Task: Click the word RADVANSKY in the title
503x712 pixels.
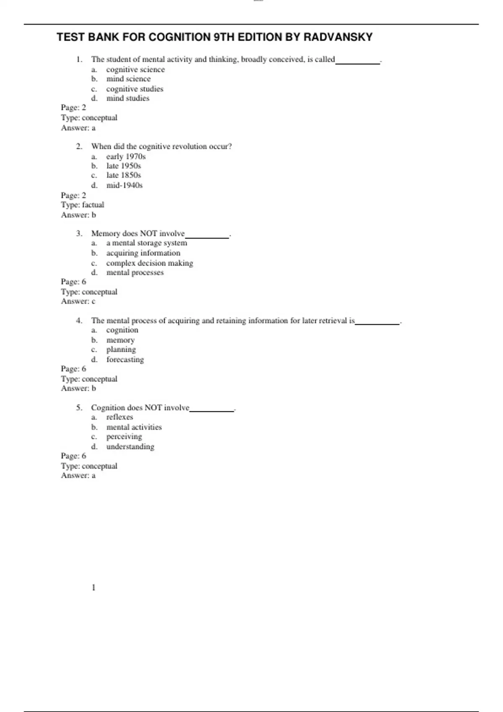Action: click(338, 37)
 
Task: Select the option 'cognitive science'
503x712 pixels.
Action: click(135, 70)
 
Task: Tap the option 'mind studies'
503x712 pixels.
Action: click(128, 98)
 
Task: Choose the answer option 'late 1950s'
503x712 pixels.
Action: click(124, 166)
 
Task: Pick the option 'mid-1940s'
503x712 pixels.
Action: click(124, 185)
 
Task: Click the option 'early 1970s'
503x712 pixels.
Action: click(126, 157)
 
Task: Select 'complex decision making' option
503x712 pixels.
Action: click(150, 263)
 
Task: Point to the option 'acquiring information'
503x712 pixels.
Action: click(143, 253)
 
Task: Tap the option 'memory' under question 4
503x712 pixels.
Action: click(120, 340)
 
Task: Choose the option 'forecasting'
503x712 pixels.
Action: click(125, 359)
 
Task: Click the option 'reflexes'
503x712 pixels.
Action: click(119, 417)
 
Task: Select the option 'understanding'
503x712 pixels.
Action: click(130, 446)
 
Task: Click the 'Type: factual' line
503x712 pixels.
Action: click(83, 205)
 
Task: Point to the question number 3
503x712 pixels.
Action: click(79, 233)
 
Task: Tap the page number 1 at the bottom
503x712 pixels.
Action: click(93, 588)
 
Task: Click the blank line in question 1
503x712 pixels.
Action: click(358, 62)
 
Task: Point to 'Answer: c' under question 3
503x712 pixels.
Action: click(78, 301)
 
